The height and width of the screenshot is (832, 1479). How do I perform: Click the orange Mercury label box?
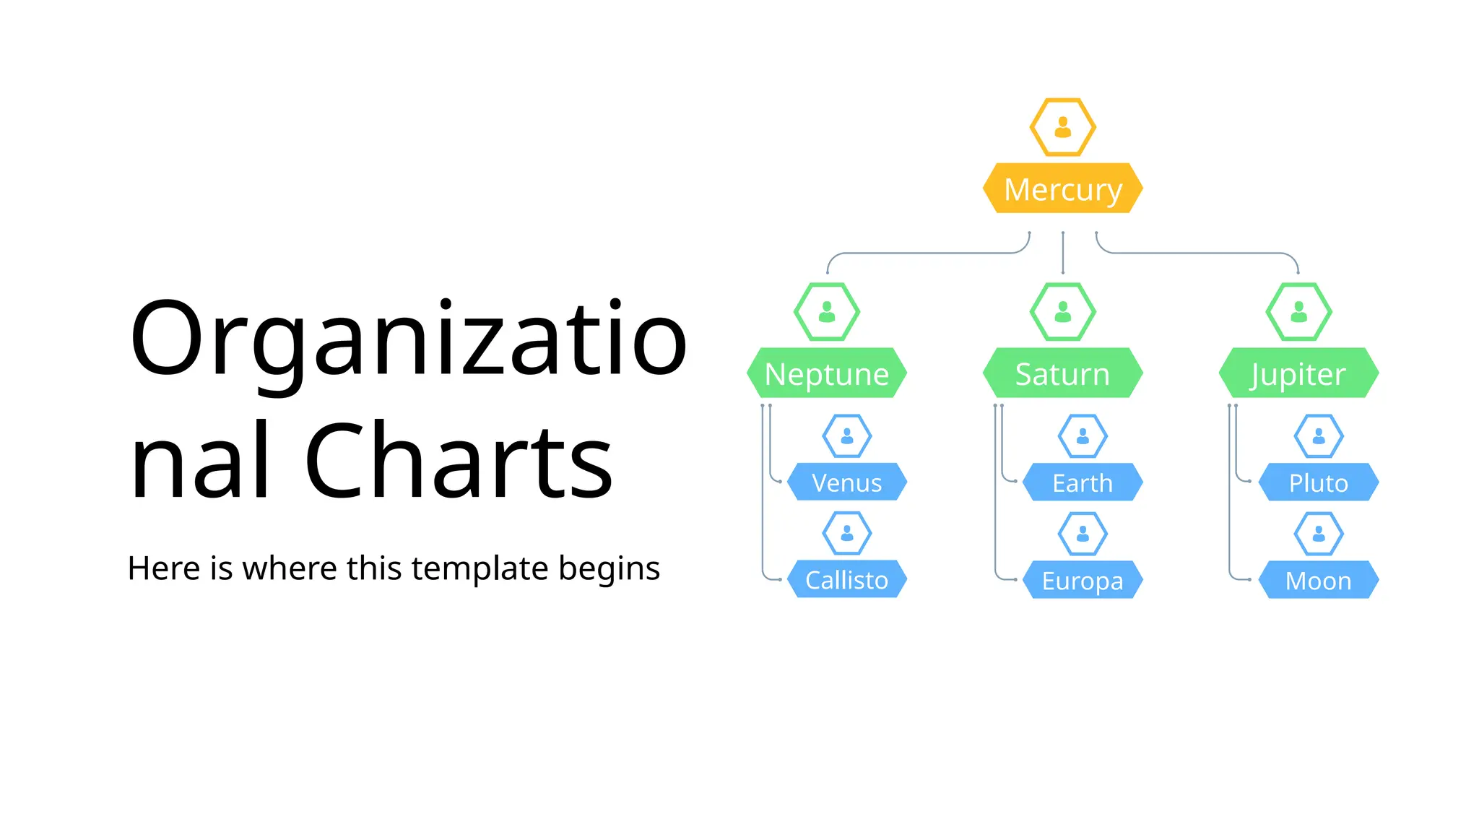(x=1062, y=188)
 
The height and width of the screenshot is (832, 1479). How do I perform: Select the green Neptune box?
(x=826, y=373)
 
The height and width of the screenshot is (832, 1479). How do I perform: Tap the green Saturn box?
(x=1062, y=373)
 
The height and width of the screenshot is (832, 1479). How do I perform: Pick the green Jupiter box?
(x=1298, y=373)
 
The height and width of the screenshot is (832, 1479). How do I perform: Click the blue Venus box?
(x=846, y=482)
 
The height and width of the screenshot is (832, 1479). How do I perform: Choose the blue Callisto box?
(x=846, y=580)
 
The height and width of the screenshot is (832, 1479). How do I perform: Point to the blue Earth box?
(x=1083, y=482)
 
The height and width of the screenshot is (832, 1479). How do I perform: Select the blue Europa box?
(x=1083, y=580)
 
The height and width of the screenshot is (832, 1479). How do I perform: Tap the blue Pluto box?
(x=1319, y=482)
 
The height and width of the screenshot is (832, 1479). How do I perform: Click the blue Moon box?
(x=1319, y=580)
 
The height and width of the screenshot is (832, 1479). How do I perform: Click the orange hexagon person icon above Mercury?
(x=1062, y=127)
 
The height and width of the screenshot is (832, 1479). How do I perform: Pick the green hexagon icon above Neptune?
(x=826, y=312)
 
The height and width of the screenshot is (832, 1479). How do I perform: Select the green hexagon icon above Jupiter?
(x=1298, y=312)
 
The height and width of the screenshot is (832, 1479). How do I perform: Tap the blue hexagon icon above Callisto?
(x=846, y=534)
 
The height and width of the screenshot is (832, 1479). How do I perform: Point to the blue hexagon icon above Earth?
(x=1083, y=436)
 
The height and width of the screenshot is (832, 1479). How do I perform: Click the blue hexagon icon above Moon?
(x=1319, y=534)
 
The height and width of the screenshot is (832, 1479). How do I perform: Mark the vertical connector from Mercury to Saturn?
(x=1062, y=253)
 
